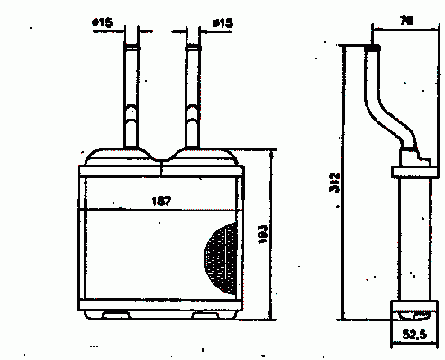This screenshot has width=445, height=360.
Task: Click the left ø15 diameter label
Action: [103, 22]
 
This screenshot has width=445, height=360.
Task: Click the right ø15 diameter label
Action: [222, 22]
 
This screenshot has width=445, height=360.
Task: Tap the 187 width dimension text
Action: [161, 201]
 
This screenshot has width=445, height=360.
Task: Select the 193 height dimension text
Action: [263, 234]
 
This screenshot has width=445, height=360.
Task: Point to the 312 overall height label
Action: [334, 182]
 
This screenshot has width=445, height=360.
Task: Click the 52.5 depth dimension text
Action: [414, 334]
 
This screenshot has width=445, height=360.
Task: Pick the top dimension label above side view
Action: [406, 21]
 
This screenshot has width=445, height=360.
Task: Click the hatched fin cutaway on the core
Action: [221, 258]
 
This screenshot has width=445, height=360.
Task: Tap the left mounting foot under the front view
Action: [116, 315]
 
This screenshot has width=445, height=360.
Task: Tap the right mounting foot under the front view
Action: [205, 315]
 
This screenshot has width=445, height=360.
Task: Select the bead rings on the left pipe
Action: [132, 116]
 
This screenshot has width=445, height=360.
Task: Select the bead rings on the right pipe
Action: [193, 116]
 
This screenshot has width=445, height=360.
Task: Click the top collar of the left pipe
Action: [132, 48]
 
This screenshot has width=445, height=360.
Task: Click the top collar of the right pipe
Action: [193, 48]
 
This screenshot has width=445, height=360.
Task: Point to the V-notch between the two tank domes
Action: [161, 160]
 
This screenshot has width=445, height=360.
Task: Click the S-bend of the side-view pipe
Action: [390, 120]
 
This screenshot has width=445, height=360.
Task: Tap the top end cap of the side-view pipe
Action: [372, 48]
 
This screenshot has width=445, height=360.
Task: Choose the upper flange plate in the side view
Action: [414, 172]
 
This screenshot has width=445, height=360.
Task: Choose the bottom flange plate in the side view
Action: [414, 306]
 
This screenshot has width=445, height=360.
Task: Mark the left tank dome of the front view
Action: [120, 157]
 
